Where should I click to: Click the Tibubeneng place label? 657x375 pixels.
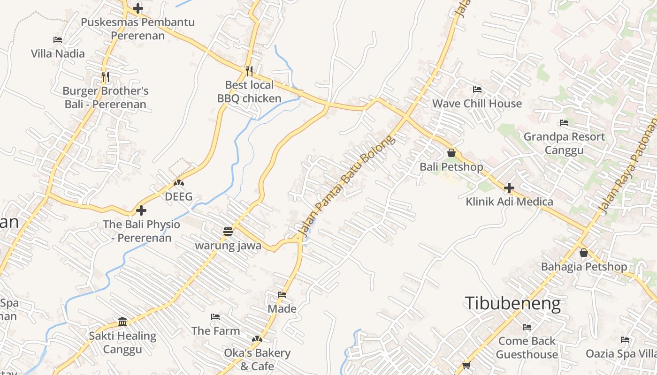[512, 304]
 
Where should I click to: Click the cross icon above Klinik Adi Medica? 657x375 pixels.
[509, 188]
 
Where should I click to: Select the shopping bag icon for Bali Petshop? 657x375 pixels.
[451, 153]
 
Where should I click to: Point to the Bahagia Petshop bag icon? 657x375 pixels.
[584, 253]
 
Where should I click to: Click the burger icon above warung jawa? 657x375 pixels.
[228, 232]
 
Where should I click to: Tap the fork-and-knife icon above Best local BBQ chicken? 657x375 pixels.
[249, 71]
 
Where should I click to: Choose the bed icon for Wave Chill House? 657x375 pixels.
[477, 90]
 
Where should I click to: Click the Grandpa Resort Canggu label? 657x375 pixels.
[564, 143]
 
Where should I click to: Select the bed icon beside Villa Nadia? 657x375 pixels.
[58, 40]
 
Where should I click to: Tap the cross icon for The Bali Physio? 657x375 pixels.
[141, 210]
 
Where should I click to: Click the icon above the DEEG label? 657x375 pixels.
[179, 183]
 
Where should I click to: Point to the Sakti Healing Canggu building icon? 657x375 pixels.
[123, 322]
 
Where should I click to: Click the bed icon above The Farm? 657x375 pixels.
[215, 317]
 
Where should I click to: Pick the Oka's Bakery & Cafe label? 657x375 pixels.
[257, 359]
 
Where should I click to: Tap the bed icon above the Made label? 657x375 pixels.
[282, 295]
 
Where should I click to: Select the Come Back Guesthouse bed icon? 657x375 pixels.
[527, 327]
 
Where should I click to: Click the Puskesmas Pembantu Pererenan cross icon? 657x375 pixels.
[138, 8]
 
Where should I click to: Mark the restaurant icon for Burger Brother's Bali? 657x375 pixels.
[106, 77]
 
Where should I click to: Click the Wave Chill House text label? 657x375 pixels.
[477, 104]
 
